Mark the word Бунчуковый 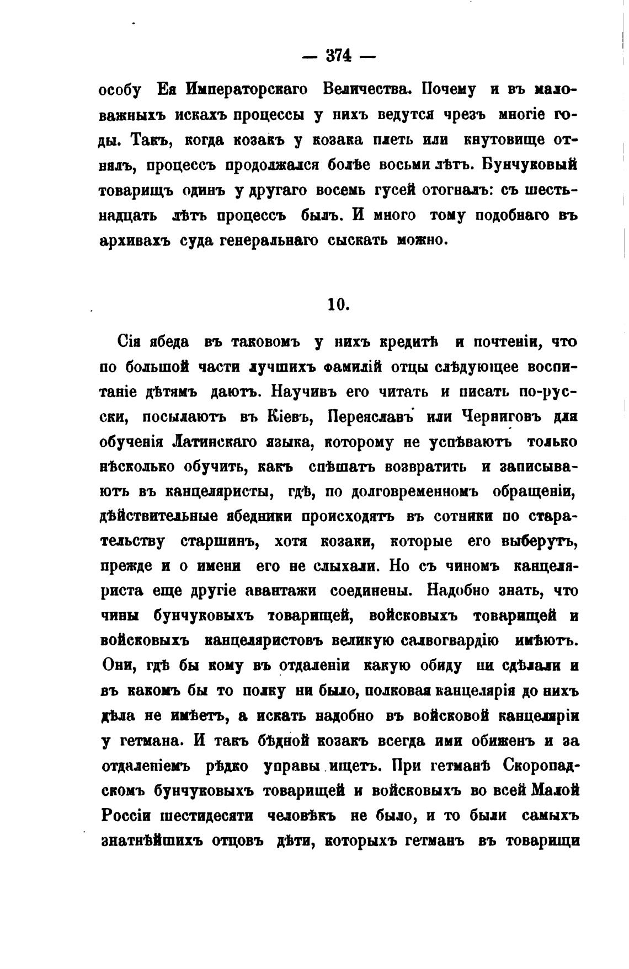533,165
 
